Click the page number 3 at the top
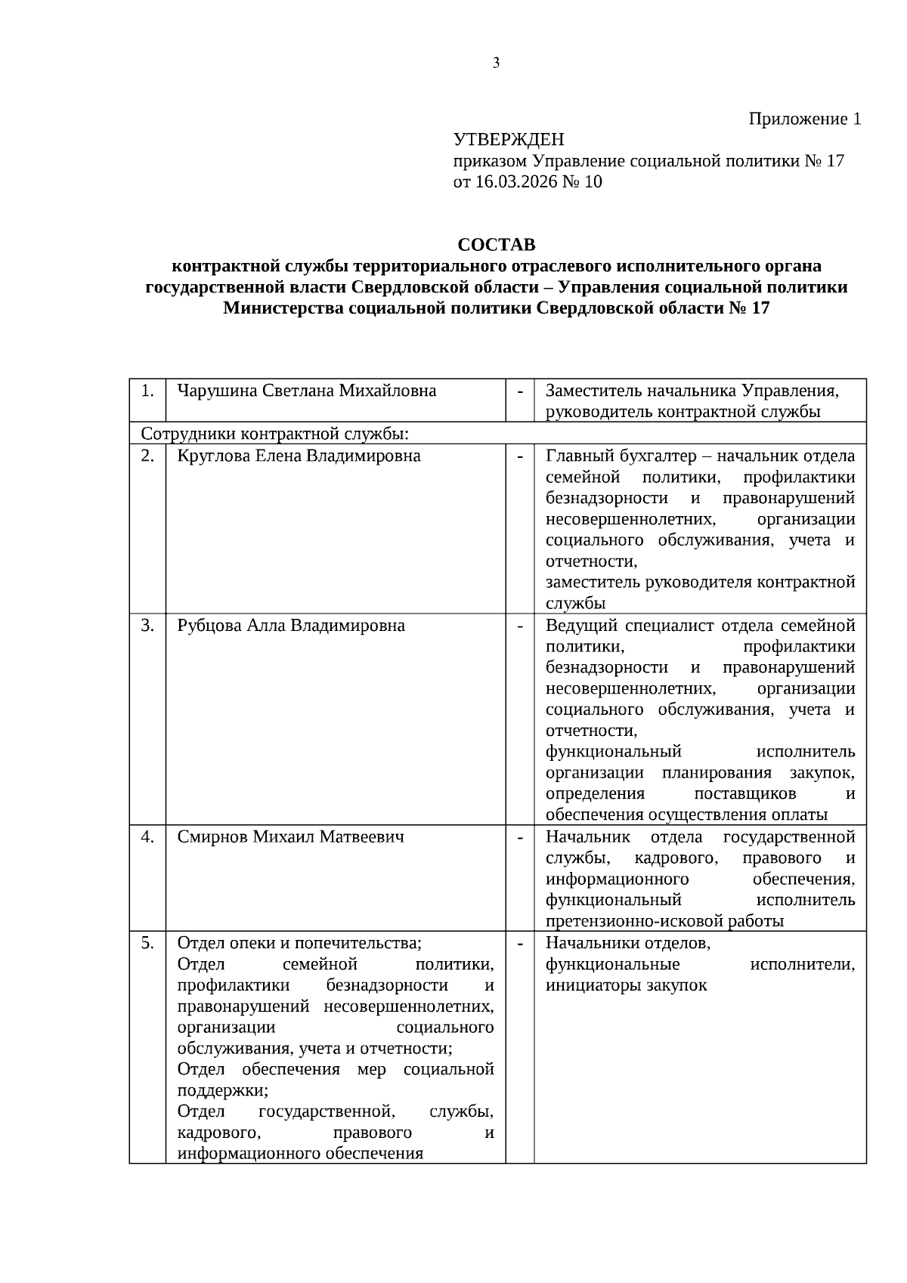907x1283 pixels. click(x=496, y=63)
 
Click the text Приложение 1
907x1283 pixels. click(x=804, y=119)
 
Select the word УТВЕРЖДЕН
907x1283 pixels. click(x=508, y=140)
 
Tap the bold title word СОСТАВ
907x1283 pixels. click(x=496, y=245)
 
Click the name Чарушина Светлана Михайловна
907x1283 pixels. click(x=306, y=391)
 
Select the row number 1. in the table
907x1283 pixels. click(x=147, y=391)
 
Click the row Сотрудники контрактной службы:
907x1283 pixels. click(x=275, y=434)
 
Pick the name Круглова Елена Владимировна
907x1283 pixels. click(x=299, y=456)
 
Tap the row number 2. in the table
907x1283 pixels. click(x=147, y=456)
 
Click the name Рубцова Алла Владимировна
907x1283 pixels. click(x=291, y=626)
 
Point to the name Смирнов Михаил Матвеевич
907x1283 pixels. click(x=290, y=837)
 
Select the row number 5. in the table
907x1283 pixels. click(x=147, y=943)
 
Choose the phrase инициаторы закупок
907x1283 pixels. click(x=626, y=985)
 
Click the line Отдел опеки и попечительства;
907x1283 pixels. click(x=299, y=943)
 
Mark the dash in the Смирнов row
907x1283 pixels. click(x=520, y=837)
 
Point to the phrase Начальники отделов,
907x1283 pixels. click(x=627, y=943)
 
